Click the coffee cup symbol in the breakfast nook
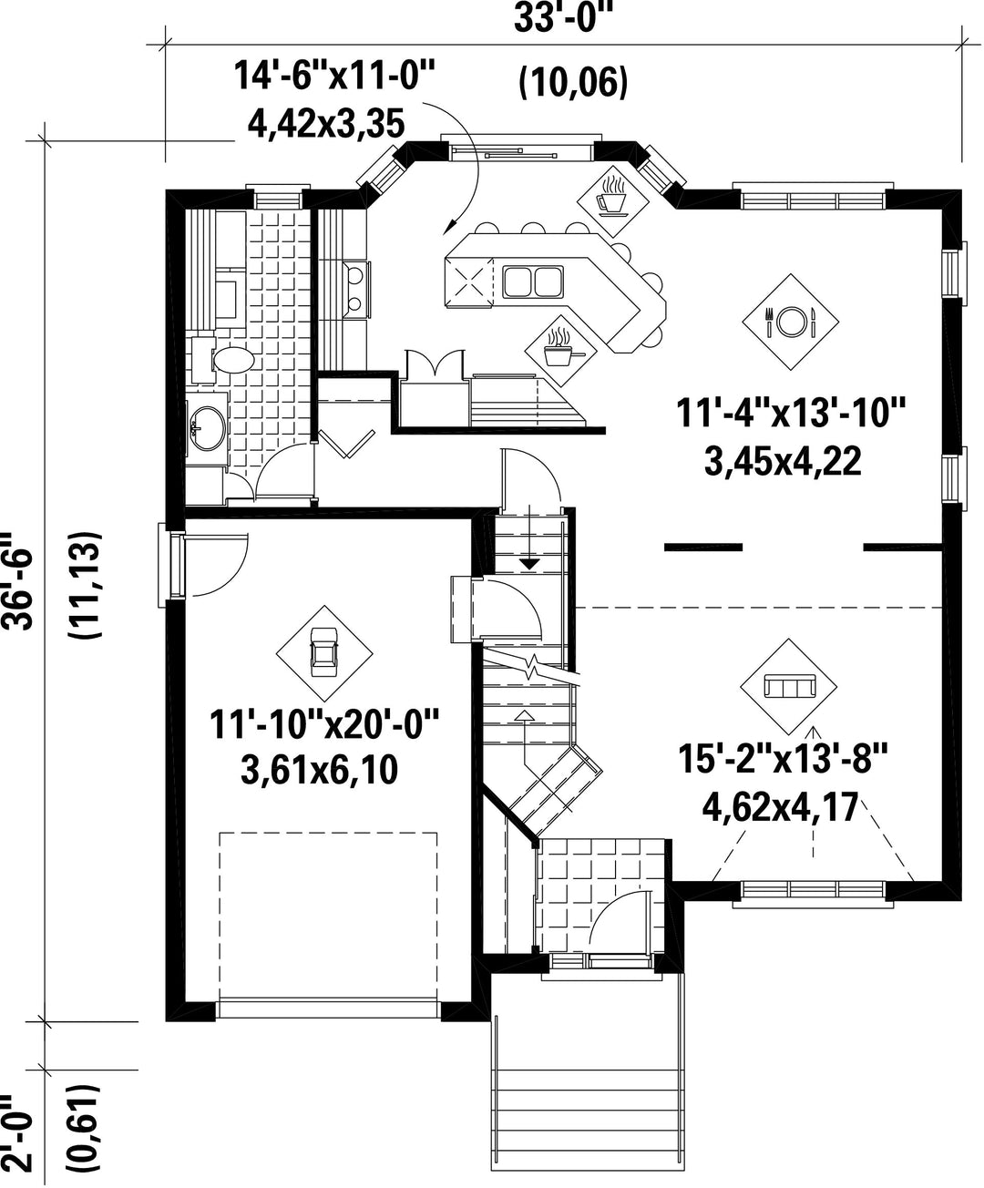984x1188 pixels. pos(610,197)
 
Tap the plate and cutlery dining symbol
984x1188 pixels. pos(791,322)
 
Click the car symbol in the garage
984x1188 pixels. pos(323,652)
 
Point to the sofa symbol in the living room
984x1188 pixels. pos(789,686)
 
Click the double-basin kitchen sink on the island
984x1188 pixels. pos(533,282)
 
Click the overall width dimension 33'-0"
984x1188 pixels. pos(561,19)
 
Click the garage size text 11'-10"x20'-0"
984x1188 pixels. pos(324,724)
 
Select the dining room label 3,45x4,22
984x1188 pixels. pos(783,461)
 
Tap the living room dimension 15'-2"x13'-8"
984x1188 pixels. pos(783,758)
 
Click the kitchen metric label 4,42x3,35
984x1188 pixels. pos(326,124)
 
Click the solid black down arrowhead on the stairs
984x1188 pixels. pos(530,564)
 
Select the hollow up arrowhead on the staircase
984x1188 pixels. pos(525,715)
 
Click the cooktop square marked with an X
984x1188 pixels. pos(469,282)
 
